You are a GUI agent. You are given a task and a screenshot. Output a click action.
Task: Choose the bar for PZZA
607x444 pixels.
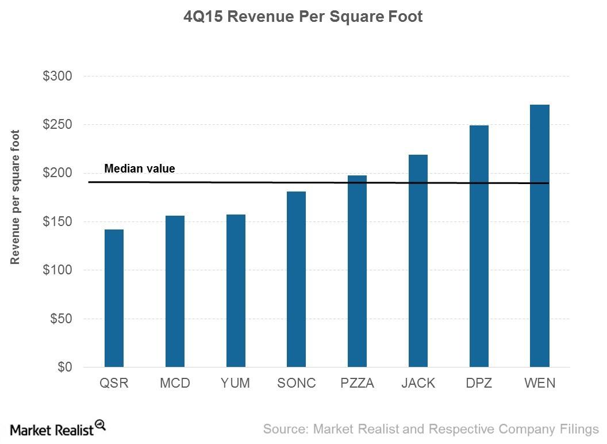pos(357,271)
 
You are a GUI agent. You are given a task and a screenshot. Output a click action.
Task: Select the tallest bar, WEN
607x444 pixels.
pos(540,236)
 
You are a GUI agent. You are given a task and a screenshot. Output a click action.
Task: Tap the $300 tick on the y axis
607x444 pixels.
pos(57,76)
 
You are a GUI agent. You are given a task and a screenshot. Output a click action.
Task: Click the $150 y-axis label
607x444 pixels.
pos(57,221)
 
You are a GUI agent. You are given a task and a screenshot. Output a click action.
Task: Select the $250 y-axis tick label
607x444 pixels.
pos(57,124)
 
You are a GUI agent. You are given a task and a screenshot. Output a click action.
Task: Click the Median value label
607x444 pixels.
pos(139,169)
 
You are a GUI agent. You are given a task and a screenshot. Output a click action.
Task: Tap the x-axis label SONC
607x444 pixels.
pos(296,383)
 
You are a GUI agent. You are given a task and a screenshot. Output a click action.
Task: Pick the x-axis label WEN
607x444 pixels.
pos(540,383)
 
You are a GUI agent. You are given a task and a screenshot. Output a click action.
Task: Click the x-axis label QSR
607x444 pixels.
pos(114,383)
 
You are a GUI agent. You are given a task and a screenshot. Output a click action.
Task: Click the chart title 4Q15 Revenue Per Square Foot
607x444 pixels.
pos(303,17)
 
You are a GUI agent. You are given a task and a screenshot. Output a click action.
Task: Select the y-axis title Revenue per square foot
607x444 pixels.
pos(16,197)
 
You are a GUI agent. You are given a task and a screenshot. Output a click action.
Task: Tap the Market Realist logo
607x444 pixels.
pos(57,428)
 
